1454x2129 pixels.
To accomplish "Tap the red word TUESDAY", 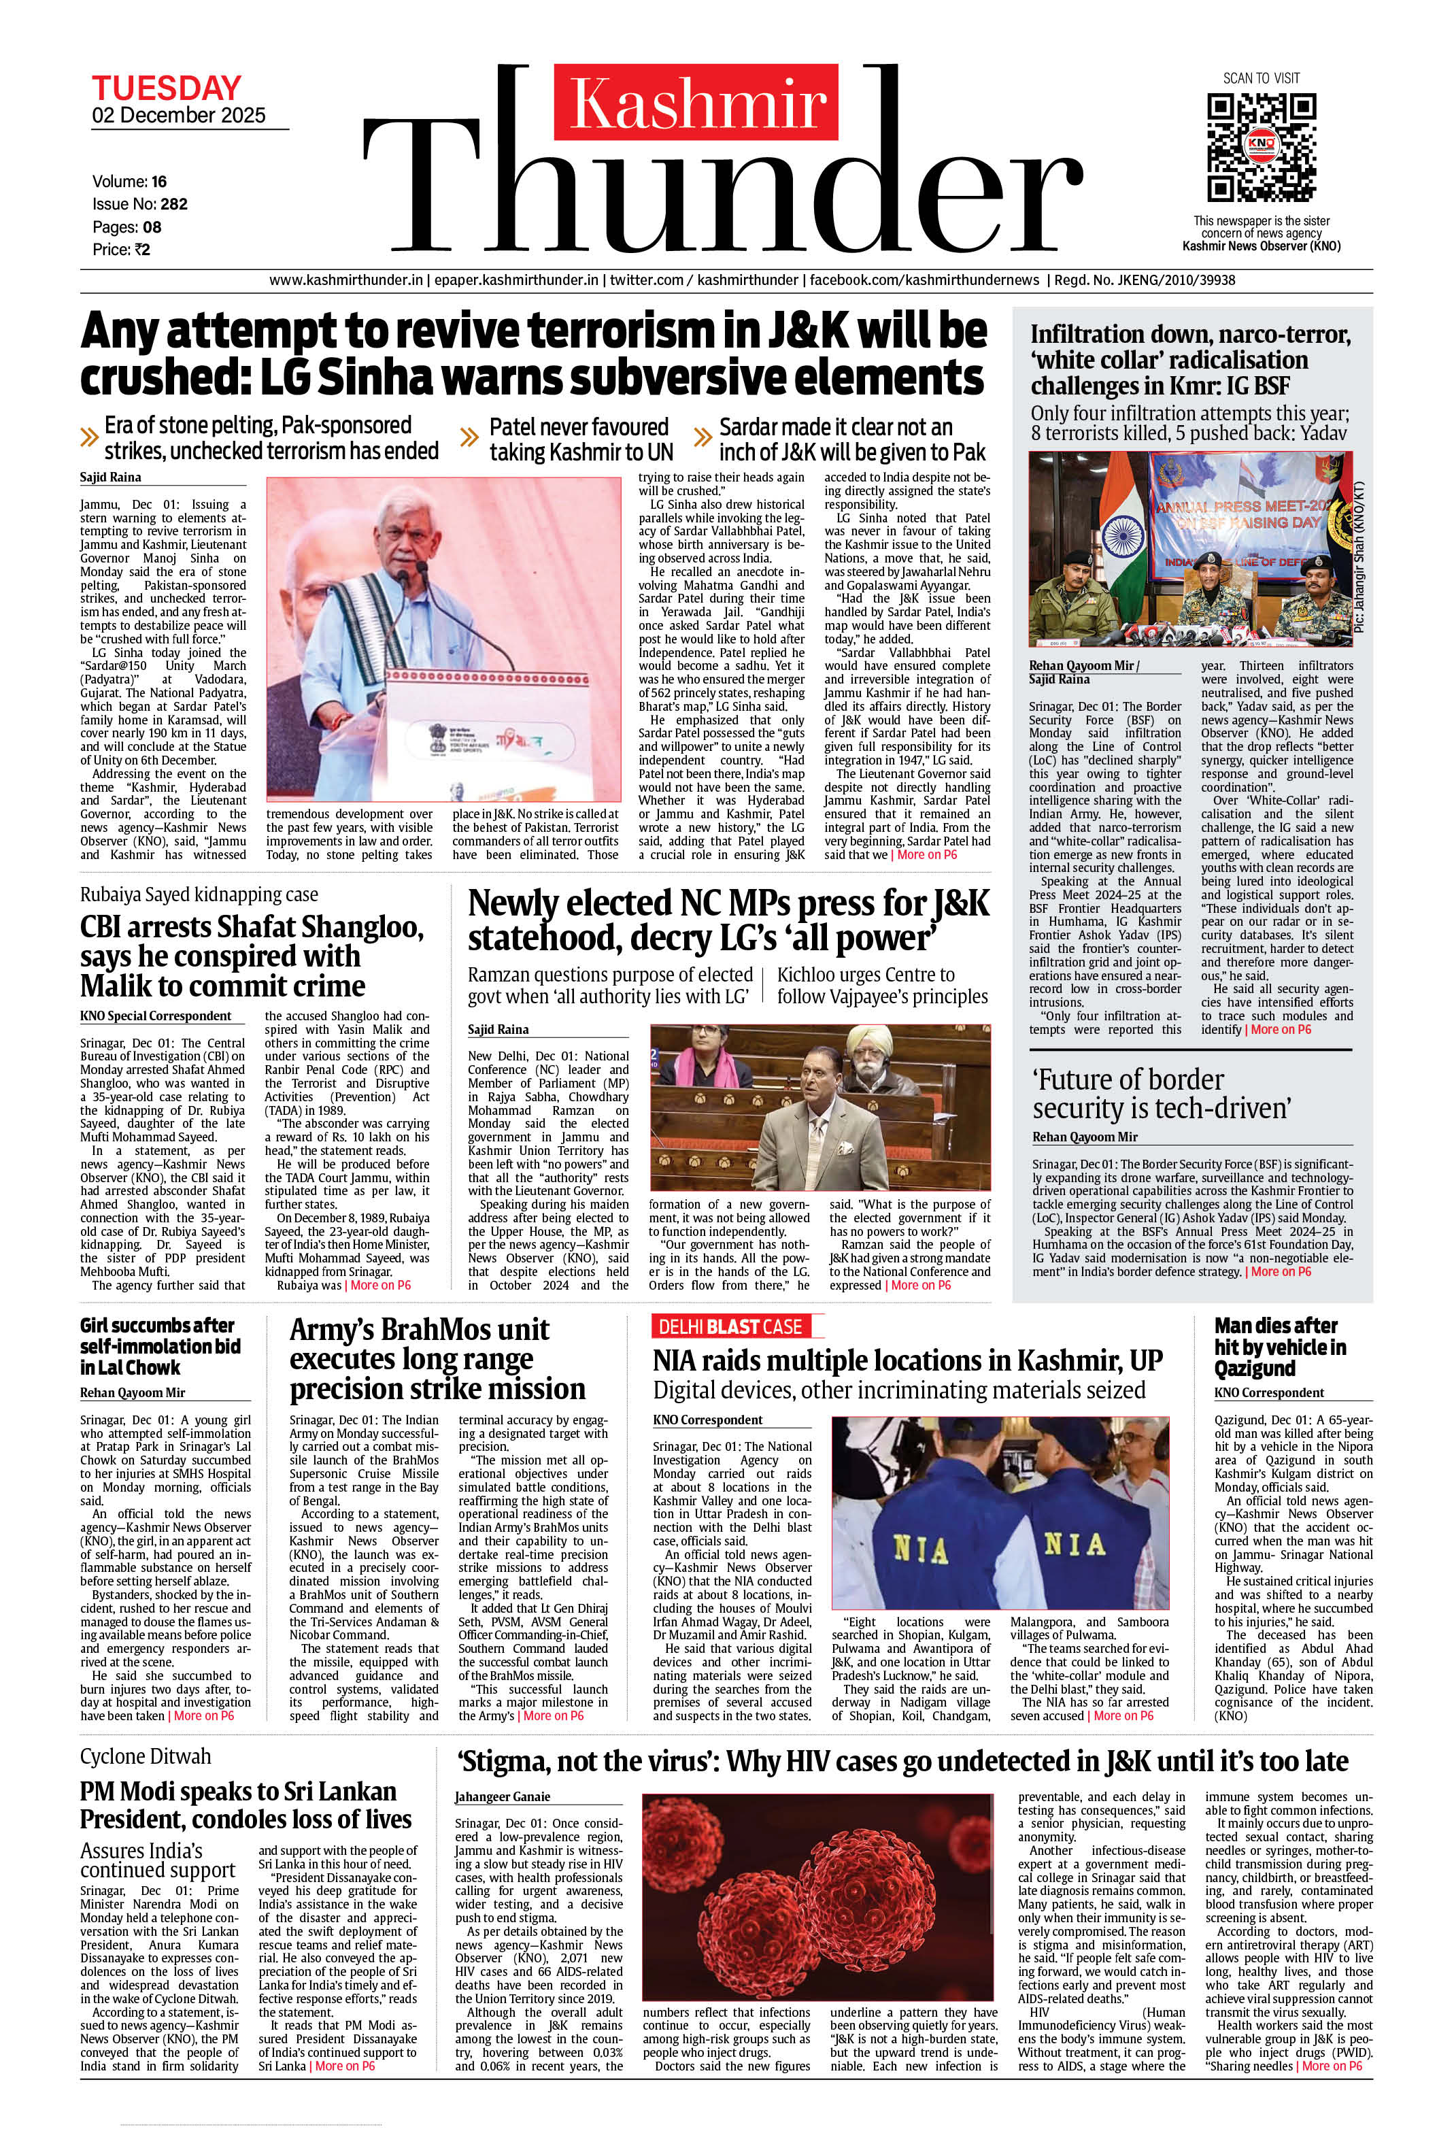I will (x=166, y=89).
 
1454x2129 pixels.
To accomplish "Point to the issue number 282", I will (x=173, y=204).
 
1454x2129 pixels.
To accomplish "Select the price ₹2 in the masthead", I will (x=142, y=249).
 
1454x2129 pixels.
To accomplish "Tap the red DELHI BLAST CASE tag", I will (x=730, y=1326).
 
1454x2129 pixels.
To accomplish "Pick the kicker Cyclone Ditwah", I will (x=145, y=1756).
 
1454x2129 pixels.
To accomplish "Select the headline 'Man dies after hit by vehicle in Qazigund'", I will (x=1280, y=1347).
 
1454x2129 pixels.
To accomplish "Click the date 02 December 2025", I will (x=179, y=116).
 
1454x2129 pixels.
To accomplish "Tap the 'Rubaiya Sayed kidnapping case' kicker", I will (x=199, y=894).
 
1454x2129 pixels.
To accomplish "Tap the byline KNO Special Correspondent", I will (x=156, y=1016).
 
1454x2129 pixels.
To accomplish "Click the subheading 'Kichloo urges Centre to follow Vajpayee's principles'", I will (x=882, y=986).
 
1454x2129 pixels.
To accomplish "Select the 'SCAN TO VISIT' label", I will (x=1261, y=78).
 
